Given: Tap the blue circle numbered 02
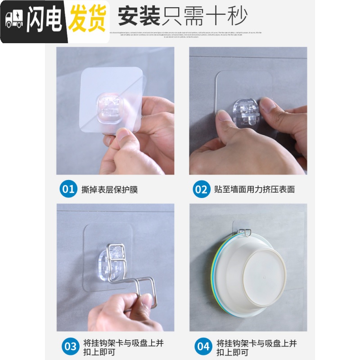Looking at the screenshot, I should pos(201,189).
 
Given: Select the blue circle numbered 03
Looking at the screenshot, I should pos(71,346).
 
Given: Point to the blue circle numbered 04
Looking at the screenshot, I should pos(203,346).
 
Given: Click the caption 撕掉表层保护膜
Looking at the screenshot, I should pos(109,189).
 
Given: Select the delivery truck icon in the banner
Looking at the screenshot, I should pos(14,21).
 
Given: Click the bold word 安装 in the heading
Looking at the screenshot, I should pos(139,17).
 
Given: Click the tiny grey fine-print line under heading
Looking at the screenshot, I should pos(180,33).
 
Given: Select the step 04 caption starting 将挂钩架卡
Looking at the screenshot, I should pos(256,347).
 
